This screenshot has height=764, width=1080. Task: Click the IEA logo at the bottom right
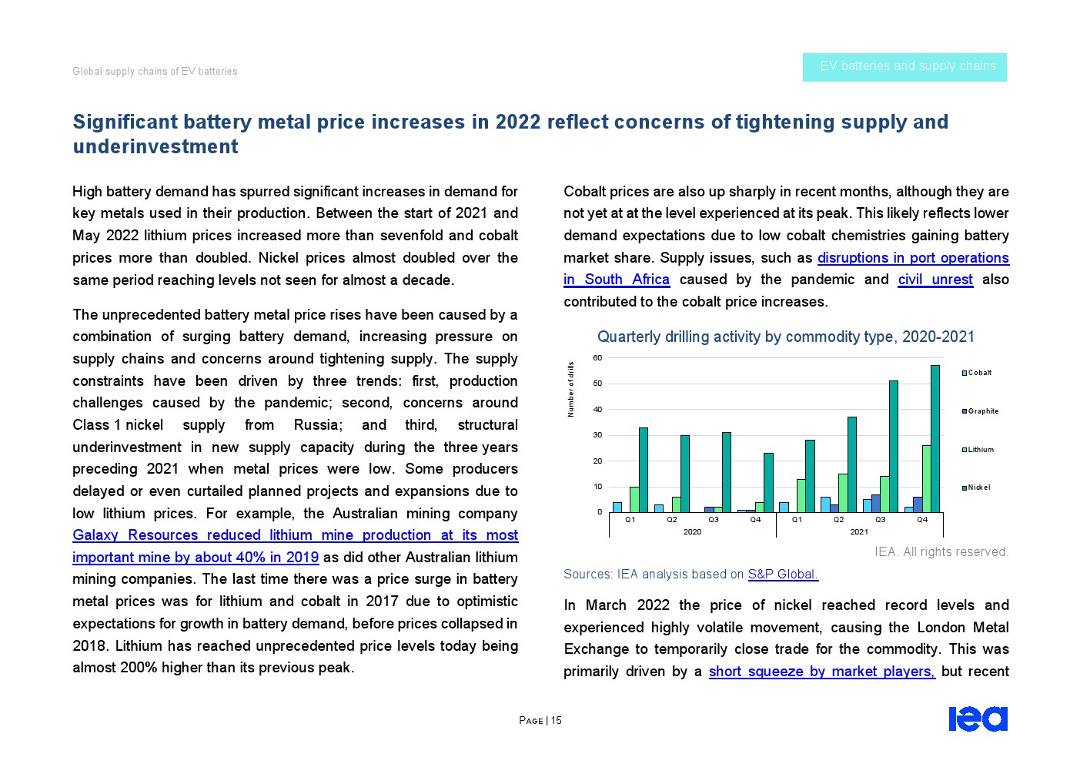pos(978,719)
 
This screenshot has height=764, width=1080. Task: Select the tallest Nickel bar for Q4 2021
pos(935,438)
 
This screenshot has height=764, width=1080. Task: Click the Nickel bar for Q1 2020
pos(644,470)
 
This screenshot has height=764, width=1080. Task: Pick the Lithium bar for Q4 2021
pos(926,478)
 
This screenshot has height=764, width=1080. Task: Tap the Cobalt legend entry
pos(977,373)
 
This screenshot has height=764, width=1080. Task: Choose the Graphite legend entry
pos(980,411)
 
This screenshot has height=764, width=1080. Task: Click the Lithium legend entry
pos(978,450)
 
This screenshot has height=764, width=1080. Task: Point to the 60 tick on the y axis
pos(597,358)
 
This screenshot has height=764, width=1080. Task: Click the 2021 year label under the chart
pos(859,532)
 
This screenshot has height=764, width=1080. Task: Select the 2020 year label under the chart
pos(692,532)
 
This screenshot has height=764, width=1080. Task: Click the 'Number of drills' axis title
pos(571,389)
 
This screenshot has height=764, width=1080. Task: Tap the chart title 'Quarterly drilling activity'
pos(785,337)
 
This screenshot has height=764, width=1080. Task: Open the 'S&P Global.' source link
pos(783,575)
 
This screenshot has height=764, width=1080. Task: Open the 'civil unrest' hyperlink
pos(935,280)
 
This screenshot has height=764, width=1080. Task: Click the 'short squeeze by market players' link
pos(821,672)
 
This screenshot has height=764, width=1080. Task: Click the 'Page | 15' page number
pos(540,721)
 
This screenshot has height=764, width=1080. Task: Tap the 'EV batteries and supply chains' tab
pos(904,67)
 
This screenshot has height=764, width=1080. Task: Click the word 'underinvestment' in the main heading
pos(155,147)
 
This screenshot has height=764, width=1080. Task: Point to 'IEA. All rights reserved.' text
pos(941,552)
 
